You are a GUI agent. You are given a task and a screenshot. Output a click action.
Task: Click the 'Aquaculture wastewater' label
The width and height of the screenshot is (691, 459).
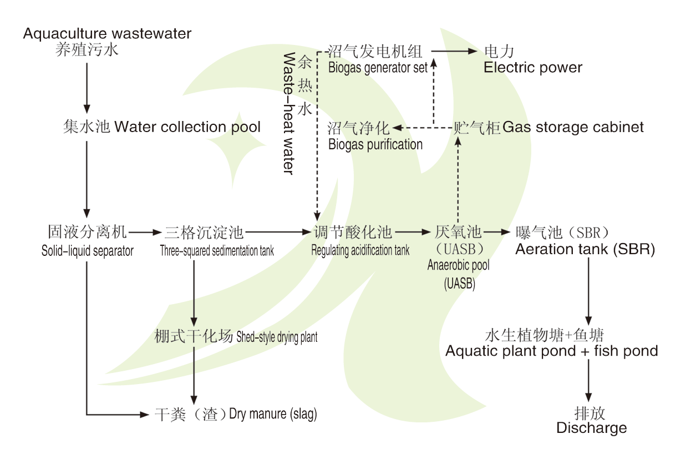(x=107, y=33)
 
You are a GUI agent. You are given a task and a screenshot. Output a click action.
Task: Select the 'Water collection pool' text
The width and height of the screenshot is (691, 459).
(x=187, y=127)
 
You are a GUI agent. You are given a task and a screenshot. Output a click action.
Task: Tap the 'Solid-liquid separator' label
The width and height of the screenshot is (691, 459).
(x=88, y=251)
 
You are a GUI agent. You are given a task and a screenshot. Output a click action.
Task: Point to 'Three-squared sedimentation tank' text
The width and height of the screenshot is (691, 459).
(x=217, y=251)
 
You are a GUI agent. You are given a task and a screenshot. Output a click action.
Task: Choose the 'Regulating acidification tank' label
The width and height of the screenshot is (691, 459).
(x=360, y=250)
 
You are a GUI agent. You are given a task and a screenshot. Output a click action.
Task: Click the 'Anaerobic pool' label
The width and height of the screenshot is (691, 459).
(x=459, y=265)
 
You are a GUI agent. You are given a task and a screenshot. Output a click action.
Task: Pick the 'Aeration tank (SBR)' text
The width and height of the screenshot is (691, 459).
(x=585, y=249)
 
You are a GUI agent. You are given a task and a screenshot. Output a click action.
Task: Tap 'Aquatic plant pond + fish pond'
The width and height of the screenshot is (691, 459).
(x=552, y=351)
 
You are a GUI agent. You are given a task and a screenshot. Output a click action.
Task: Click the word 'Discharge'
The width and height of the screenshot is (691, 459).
(x=592, y=428)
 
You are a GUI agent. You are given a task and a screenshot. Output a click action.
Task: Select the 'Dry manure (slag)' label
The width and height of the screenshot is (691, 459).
(x=273, y=414)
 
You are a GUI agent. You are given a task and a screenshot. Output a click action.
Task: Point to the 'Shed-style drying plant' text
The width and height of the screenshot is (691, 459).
(x=277, y=337)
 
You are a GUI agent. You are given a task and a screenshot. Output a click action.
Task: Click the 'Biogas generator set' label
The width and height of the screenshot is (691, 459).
(x=378, y=68)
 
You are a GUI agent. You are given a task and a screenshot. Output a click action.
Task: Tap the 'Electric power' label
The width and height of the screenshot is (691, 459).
(x=533, y=67)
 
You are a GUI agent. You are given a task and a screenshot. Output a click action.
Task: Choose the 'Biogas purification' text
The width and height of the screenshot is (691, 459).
(x=375, y=144)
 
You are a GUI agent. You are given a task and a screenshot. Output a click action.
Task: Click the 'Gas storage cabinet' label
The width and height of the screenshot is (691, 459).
(x=573, y=127)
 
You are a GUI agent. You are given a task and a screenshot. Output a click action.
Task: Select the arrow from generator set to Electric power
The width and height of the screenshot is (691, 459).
(x=454, y=51)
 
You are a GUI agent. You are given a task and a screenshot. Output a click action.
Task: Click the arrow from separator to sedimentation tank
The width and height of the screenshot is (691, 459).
(x=145, y=232)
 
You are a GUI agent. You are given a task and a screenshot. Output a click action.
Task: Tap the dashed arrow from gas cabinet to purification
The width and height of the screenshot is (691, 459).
(x=423, y=128)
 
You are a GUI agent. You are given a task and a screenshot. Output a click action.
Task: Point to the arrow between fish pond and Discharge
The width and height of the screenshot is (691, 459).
(x=588, y=381)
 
